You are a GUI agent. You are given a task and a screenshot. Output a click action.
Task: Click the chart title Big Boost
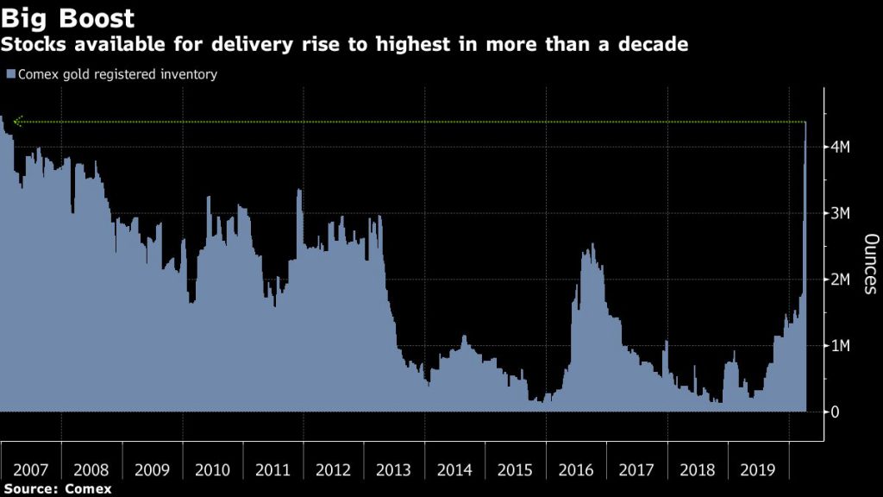tap(68, 18)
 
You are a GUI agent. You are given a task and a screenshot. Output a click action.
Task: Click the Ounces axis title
tap(870, 264)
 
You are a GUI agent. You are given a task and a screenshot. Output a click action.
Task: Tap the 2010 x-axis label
tap(212, 470)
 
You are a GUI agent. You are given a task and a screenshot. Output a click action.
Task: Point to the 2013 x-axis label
tap(394, 470)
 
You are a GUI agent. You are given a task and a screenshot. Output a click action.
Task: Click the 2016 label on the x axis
tap(575, 470)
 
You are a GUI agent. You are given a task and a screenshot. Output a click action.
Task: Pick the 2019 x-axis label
tap(757, 470)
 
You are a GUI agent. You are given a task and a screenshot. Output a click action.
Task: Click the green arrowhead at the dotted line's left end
tap(16, 122)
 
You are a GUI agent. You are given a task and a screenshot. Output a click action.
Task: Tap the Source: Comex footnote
tap(56, 489)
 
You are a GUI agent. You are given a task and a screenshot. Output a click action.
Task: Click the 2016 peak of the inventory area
tap(592, 245)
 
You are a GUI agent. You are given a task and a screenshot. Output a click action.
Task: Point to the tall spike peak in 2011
tap(299, 191)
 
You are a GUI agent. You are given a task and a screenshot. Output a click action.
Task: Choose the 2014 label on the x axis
tap(454, 470)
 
